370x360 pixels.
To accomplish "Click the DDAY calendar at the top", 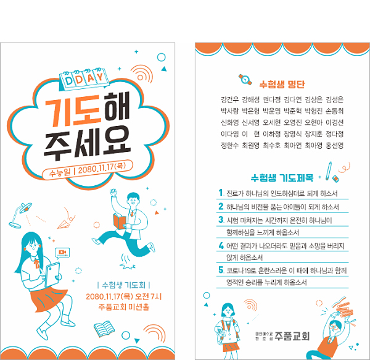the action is pos(84,80).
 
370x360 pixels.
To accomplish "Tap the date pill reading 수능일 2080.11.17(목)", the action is pos(88,170).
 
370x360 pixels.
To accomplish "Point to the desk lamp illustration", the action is pos(20,215).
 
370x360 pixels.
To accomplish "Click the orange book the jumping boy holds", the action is pos(120,221).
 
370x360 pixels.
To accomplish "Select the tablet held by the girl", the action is pos(52,274).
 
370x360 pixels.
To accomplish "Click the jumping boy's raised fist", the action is pos(113,193).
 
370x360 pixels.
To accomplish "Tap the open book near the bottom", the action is pos(104,329).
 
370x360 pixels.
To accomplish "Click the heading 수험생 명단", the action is pos(282,84).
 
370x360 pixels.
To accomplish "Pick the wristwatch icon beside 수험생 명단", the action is pos(245,80).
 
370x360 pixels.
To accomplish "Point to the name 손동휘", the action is pos(334,111).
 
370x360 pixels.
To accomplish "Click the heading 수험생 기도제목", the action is pos(282,178).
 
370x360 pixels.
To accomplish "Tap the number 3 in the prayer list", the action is pos(221,220).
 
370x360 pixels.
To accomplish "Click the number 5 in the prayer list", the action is pos(221,270).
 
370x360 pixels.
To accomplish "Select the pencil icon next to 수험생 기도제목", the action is pos(329,171).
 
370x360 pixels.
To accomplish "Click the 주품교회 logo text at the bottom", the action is pos(292,336).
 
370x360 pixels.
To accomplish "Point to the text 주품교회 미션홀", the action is pos(124,307).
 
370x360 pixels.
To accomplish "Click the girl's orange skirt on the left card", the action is pos(48,299).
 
